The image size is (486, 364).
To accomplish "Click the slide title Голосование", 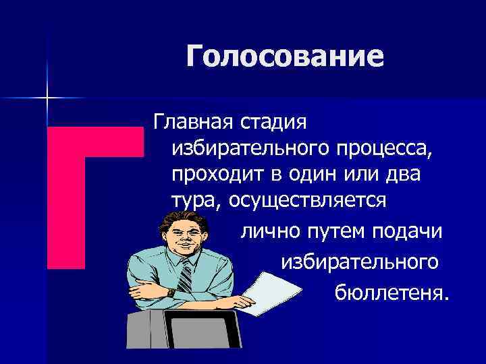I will click(x=285, y=57).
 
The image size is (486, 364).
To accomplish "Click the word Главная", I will click(x=192, y=123).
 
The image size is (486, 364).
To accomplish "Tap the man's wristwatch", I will click(x=171, y=292).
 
